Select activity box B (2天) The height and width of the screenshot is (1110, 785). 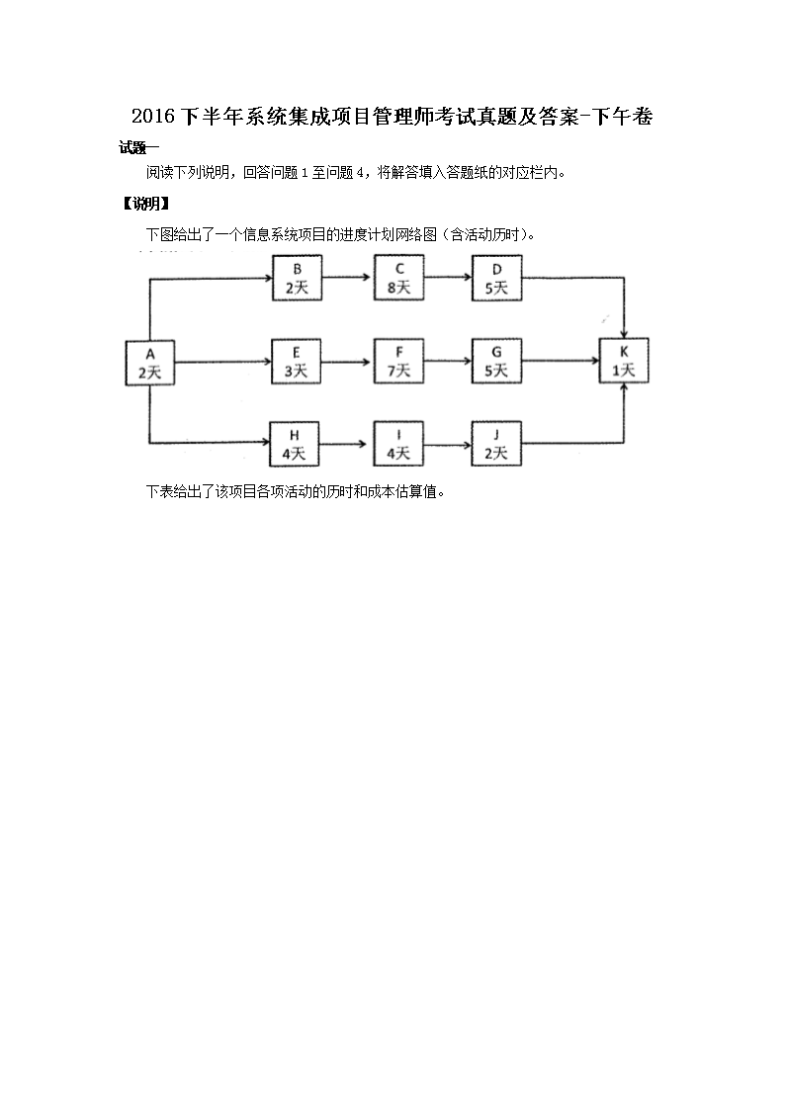click(297, 278)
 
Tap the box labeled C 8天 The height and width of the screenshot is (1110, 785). click(398, 278)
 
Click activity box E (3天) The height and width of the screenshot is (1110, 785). click(297, 362)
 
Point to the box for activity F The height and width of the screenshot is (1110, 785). click(398, 362)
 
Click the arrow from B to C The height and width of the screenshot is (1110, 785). click(348, 278)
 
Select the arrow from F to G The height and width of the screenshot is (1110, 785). click(448, 362)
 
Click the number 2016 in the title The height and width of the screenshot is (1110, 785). click(151, 117)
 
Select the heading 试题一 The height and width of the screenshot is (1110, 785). click(139, 148)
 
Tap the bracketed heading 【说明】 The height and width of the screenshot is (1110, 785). click(144, 205)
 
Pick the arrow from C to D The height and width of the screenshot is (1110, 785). click(448, 278)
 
